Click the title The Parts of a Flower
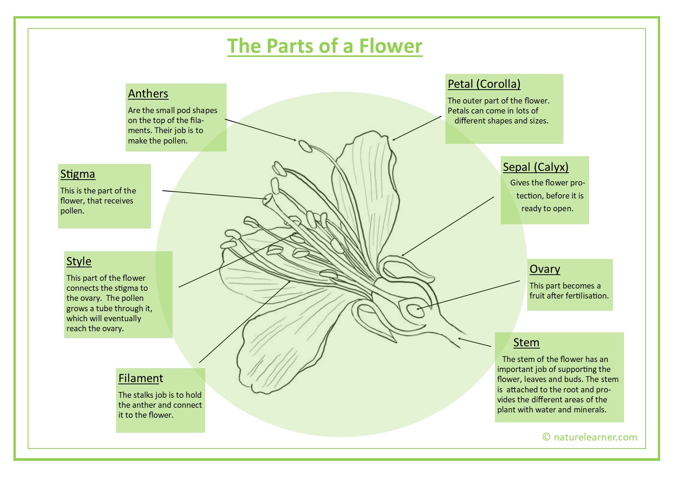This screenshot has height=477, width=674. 324,46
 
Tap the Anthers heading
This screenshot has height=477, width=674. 148,93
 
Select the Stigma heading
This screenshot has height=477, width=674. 78,174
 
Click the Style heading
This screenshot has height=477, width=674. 79,261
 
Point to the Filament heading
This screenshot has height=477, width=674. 141,378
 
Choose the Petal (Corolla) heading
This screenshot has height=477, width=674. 484,84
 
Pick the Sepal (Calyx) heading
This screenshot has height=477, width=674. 536,167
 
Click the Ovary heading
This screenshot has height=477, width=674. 545,269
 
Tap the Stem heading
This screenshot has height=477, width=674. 526,342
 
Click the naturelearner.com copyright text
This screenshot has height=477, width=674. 589,437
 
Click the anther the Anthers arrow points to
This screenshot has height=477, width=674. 305,146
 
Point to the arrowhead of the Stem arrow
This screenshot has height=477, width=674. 460,339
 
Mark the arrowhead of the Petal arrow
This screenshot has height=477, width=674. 394,139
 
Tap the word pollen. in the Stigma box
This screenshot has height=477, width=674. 72,211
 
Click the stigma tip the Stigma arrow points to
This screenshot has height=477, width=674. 267,199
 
